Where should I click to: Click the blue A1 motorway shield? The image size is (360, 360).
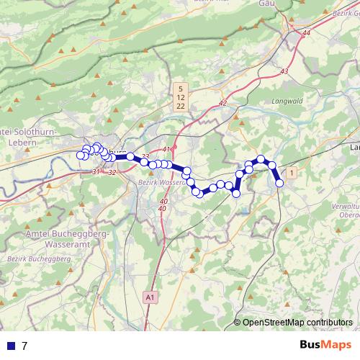(x=149, y=297)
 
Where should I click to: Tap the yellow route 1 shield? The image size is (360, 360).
(x=291, y=173)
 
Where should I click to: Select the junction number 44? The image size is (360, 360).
(x=307, y=33)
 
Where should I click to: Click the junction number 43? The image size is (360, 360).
(x=284, y=71)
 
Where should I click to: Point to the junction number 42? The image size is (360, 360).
(x=222, y=103)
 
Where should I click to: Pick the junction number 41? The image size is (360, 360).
(x=166, y=149)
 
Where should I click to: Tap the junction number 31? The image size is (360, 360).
(x=96, y=171)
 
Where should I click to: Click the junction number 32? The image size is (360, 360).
(x=112, y=172)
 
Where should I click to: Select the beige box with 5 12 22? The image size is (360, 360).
(x=180, y=96)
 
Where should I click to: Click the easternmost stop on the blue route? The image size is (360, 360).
(x=280, y=183)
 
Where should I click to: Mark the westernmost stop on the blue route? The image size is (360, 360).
(x=80, y=155)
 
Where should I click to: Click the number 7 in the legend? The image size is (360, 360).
(x=24, y=346)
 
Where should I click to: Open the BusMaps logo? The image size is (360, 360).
(x=327, y=345)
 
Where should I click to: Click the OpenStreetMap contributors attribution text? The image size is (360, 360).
(x=297, y=323)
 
